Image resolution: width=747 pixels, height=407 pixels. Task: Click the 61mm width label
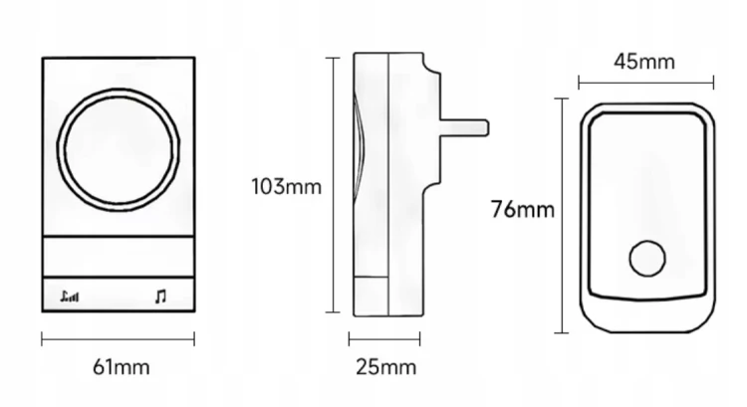coord(121,367)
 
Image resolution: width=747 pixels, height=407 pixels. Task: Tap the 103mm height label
coord(286,186)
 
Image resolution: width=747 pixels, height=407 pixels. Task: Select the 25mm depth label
coord(385,367)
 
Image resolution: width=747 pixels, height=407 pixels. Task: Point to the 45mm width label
coord(644,62)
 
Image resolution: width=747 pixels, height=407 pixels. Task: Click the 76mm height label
coord(523,209)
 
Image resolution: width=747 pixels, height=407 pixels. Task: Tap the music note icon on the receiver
coord(160,297)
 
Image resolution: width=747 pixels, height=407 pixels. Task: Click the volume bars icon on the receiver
coord(70,297)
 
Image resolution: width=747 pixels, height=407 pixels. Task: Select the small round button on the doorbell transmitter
coord(647,259)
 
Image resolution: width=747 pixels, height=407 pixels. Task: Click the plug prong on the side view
coord(464,128)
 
